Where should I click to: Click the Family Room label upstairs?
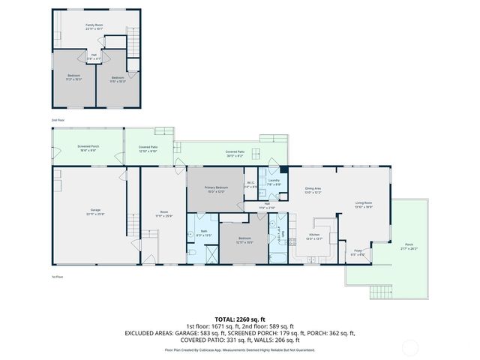tap(94, 27)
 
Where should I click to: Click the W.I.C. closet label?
tap(251, 184)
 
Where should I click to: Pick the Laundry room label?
tap(274, 182)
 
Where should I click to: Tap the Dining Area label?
tap(313, 190)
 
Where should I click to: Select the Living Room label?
tap(363, 205)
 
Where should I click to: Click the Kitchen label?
tap(314, 236)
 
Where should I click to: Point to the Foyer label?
tap(358, 253)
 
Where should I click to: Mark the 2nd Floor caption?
tap(58, 120)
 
